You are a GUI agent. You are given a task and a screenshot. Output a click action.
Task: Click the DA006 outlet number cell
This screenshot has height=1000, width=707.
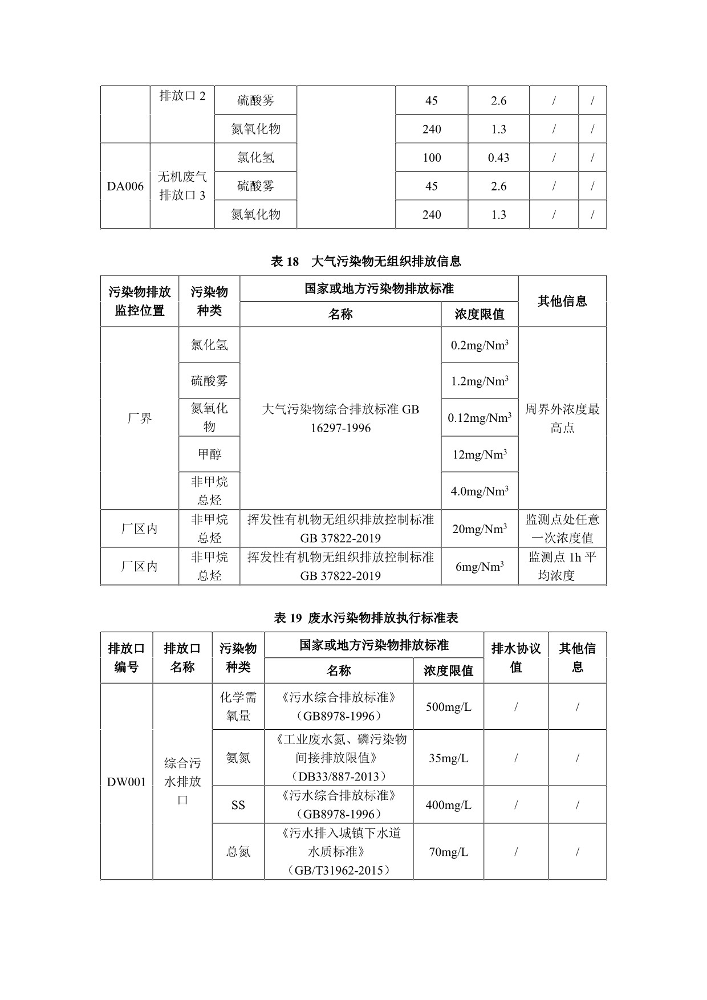(x=125, y=186)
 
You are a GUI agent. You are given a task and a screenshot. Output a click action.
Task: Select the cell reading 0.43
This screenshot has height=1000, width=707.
(x=498, y=158)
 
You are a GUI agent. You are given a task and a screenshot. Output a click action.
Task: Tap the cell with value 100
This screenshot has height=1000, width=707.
(x=432, y=158)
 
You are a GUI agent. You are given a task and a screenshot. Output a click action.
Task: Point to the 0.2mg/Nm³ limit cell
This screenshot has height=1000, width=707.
(x=480, y=345)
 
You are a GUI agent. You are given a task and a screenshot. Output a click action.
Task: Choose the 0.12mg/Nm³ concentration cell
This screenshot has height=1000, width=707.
(x=480, y=418)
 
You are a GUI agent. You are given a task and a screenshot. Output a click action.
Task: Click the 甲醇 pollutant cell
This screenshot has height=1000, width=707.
(x=209, y=454)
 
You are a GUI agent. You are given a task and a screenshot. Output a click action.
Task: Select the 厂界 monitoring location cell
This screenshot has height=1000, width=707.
(x=140, y=418)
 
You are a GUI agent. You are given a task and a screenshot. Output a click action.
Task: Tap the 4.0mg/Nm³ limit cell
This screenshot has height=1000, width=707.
(x=480, y=491)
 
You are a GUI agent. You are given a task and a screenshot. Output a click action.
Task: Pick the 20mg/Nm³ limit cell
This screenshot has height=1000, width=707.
(x=480, y=529)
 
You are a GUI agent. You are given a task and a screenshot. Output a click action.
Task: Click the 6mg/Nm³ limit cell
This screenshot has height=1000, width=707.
(x=480, y=567)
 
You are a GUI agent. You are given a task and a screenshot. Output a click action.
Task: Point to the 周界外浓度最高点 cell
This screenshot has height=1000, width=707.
(x=562, y=418)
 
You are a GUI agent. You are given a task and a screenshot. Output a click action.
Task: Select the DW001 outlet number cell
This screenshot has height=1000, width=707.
(x=127, y=782)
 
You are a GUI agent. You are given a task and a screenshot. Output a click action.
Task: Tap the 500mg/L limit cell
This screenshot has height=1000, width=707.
(x=449, y=707)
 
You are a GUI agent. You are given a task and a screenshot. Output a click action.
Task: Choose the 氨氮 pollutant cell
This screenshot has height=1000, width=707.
(x=238, y=758)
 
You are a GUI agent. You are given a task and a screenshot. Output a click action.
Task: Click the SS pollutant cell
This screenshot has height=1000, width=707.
(x=238, y=805)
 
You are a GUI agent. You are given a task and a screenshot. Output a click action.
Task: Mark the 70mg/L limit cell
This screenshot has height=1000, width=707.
(x=449, y=852)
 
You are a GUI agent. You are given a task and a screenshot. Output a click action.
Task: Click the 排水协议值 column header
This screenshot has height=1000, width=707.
(x=516, y=657)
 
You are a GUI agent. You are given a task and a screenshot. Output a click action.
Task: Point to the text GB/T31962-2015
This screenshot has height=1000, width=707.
(x=339, y=871)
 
